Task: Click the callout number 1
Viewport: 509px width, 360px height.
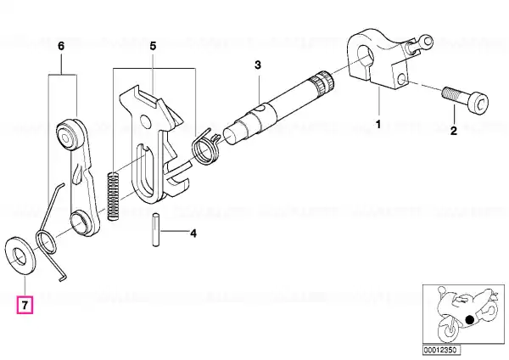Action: (378, 124)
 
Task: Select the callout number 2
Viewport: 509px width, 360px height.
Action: (454, 131)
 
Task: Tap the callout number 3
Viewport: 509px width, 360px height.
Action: (257, 65)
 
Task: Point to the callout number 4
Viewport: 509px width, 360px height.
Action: (193, 233)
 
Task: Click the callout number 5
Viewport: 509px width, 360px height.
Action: (153, 46)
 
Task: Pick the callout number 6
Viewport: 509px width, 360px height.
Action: (61, 46)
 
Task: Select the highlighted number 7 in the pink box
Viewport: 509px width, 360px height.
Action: (25, 305)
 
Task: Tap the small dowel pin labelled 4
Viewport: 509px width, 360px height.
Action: (156, 229)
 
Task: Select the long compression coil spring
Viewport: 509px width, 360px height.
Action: (112, 196)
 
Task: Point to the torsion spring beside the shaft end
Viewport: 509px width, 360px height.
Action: (206, 146)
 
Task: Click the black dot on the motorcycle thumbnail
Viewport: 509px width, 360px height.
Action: (470, 319)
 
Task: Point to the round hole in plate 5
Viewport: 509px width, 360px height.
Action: (147, 122)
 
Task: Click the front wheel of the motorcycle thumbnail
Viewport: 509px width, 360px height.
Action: (450, 329)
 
